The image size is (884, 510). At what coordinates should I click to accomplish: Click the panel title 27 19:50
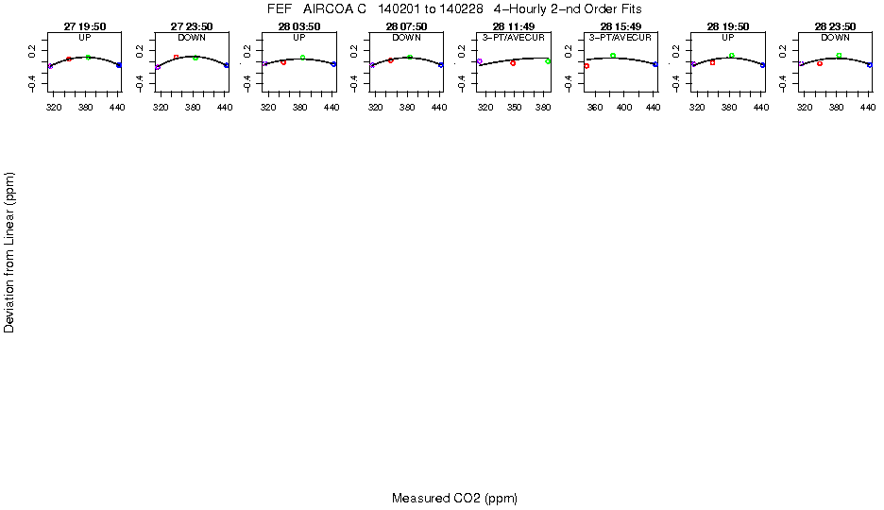pyautogui.click(x=84, y=27)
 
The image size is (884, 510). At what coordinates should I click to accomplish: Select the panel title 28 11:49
pyautogui.click(x=513, y=27)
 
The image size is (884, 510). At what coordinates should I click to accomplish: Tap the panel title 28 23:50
pyautogui.click(x=835, y=27)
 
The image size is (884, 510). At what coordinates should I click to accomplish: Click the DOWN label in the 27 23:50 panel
pyautogui.click(x=192, y=37)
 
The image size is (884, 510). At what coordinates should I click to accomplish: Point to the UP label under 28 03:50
pyautogui.click(x=298, y=37)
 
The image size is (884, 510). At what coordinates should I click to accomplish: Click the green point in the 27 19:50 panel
pyautogui.click(x=88, y=58)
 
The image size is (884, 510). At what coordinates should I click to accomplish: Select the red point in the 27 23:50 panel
pyautogui.click(x=176, y=58)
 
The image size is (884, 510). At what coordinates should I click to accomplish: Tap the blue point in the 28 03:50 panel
pyautogui.click(x=334, y=64)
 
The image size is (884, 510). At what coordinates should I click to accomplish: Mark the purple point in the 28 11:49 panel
pyautogui.click(x=480, y=61)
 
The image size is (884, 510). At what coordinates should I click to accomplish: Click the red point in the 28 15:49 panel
pyautogui.click(x=586, y=66)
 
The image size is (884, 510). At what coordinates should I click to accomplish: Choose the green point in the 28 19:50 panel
pyautogui.click(x=732, y=56)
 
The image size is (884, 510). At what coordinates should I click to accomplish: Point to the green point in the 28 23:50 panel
pyautogui.click(x=839, y=56)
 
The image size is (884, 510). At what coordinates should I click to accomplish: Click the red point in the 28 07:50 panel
pyautogui.click(x=390, y=60)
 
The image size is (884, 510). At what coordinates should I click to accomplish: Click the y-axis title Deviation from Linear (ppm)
pyautogui.click(x=9, y=251)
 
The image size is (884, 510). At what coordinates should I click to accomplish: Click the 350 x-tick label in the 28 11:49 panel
pyautogui.click(x=514, y=109)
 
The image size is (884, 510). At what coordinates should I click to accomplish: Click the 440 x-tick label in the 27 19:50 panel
pyautogui.click(x=117, y=109)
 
